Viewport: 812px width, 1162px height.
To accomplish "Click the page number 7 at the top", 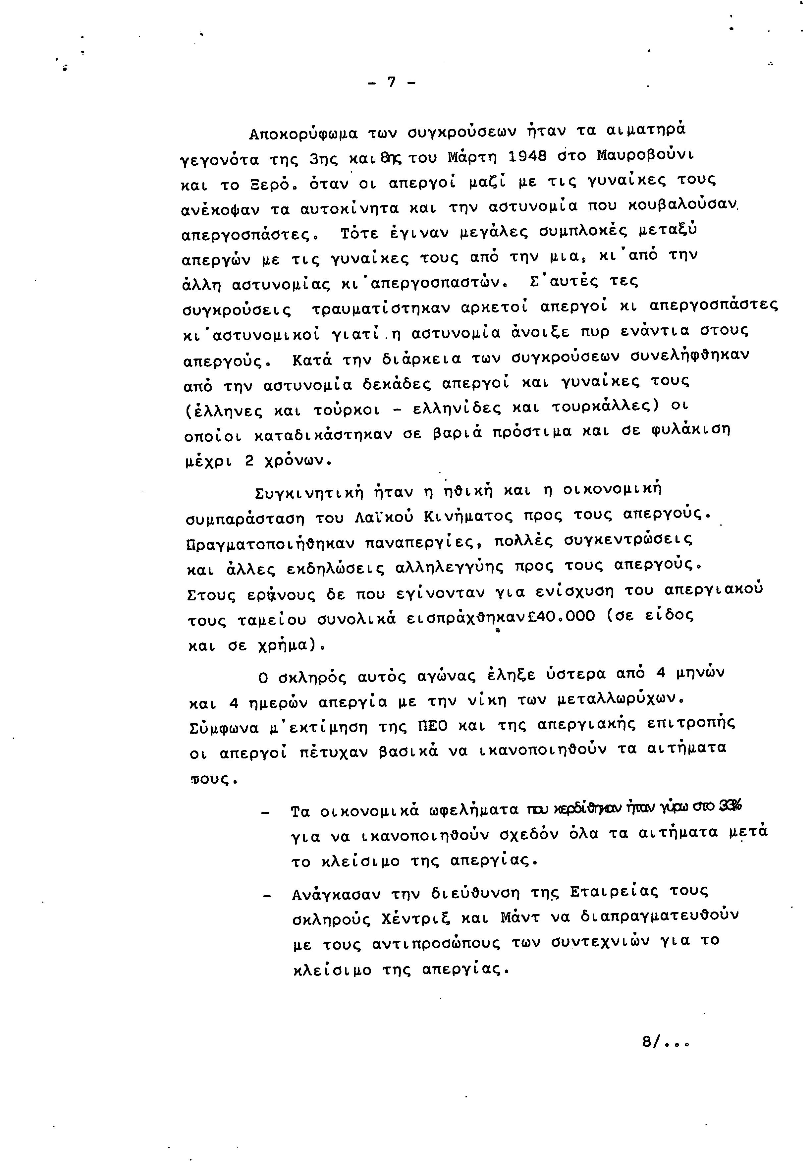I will (x=391, y=82).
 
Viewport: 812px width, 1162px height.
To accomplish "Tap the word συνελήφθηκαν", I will (x=689, y=356).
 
